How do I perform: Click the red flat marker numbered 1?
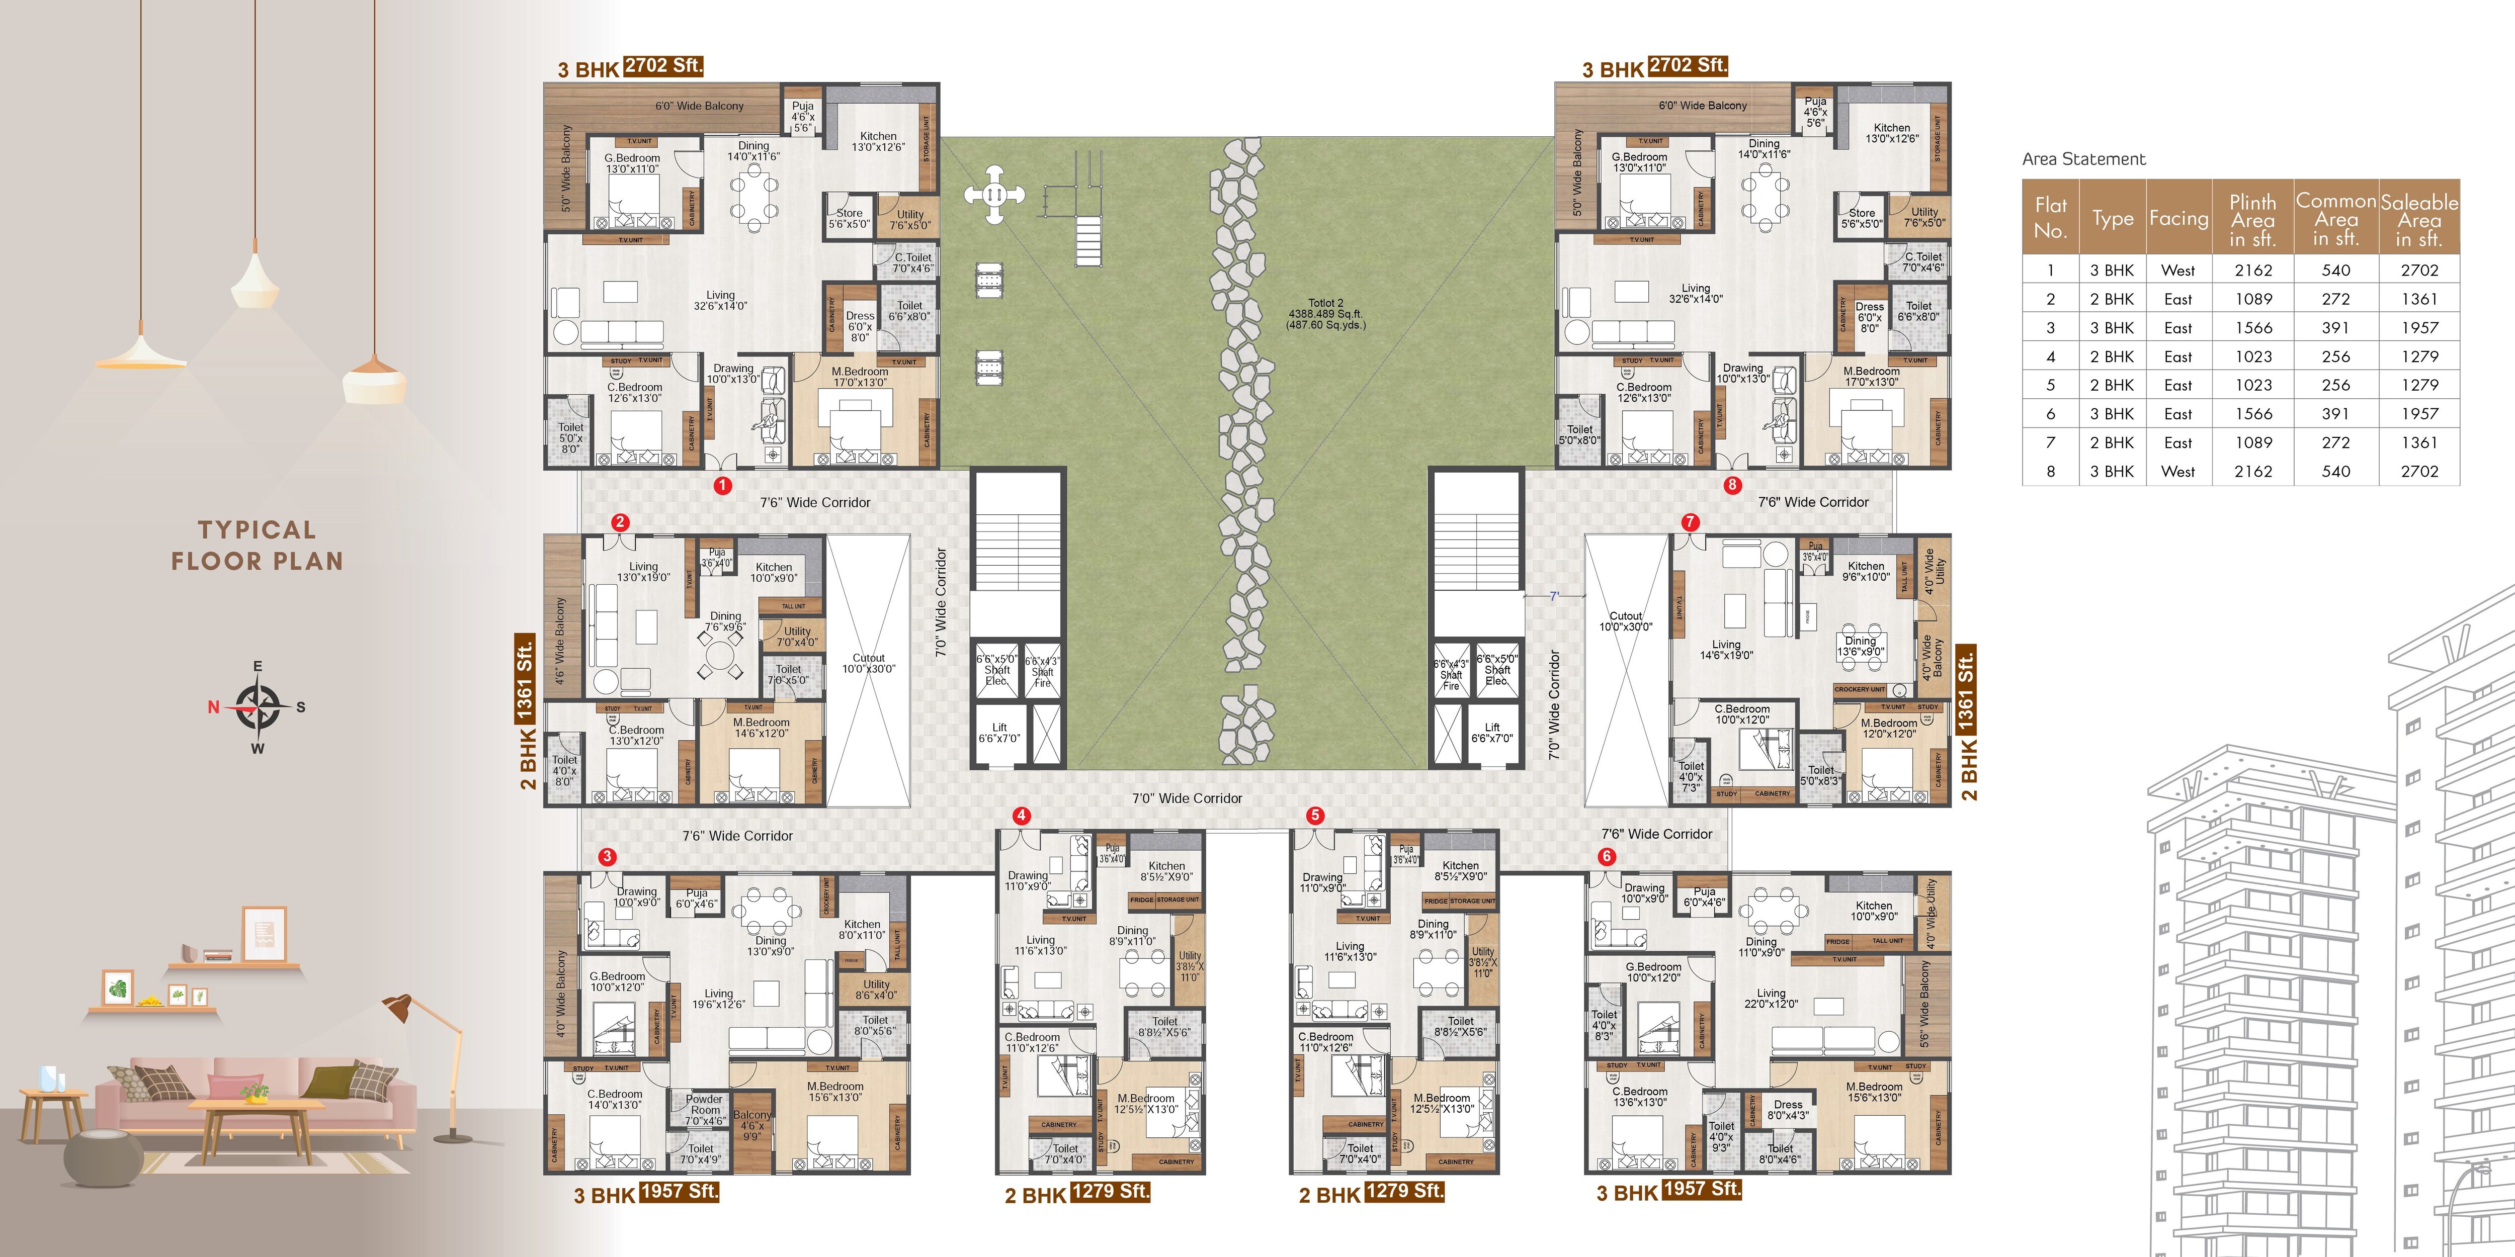point(722,485)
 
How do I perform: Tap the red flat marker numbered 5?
point(1315,815)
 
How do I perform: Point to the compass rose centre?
point(258,706)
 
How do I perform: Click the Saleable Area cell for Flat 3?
point(2419,328)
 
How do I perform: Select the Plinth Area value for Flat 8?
point(2253,472)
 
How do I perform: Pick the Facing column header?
point(2178,219)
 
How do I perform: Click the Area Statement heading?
point(2083,159)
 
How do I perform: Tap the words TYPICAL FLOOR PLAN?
point(257,546)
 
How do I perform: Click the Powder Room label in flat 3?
point(704,1109)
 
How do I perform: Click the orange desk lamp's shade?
point(397,1008)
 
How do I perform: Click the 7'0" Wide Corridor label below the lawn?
point(1187,798)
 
